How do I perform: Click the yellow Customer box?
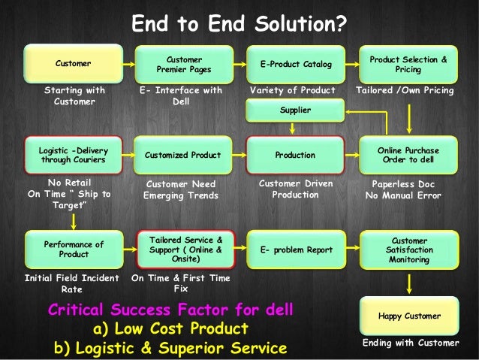click(x=73, y=64)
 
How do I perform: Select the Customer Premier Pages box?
click(x=183, y=64)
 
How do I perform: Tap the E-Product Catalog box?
click(x=295, y=64)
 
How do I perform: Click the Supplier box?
click(x=295, y=110)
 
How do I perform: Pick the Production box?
click(x=295, y=155)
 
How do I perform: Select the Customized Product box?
click(x=183, y=155)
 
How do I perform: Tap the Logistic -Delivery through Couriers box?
click(x=73, y=155)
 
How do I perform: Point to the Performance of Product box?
click(x=73, y=250)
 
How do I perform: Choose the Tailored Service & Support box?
click(x=183, y=250)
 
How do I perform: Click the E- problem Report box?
click(x=295, y=250)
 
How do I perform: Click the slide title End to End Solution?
click(x=239, y=25)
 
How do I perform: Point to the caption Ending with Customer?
click(x=410, y=343)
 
